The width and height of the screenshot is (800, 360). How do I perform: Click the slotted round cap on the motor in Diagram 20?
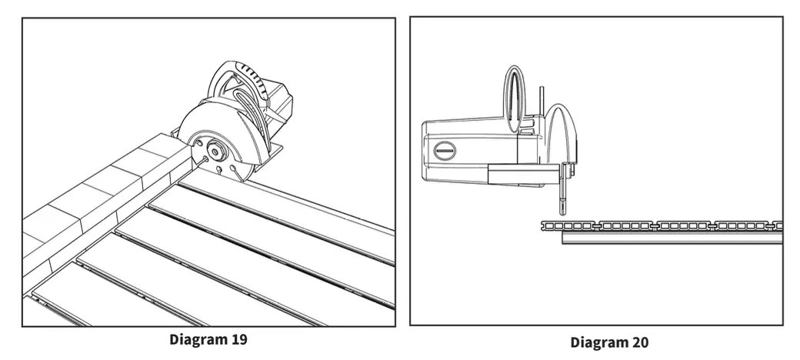click(445, 149)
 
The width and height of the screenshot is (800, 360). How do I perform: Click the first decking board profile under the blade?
click(569, 225)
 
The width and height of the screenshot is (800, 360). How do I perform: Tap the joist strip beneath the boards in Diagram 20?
click(669, 238)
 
